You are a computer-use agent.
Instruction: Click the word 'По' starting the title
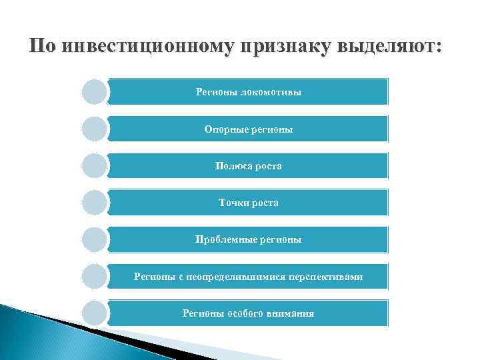click(41, 47)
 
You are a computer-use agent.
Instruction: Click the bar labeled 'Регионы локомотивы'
click(248, 92)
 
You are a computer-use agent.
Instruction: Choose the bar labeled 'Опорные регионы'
click(248, 129)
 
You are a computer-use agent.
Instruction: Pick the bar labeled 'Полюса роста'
click(248, 166)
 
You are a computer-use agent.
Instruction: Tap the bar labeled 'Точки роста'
click(248, 203)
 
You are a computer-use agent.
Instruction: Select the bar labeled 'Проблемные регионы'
click(248, 239)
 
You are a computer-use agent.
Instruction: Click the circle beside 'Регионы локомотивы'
click(95, 92)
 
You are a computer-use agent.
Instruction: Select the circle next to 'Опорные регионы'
click(95, 129)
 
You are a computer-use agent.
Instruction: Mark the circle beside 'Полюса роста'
click(95, 166)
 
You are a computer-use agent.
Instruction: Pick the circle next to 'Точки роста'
click(95, 203)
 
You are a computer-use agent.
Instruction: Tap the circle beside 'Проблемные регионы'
click(95, 239)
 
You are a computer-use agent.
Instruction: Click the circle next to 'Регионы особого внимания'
click(95, 313)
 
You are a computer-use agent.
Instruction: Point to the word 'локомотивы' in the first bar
click(275, 92)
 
